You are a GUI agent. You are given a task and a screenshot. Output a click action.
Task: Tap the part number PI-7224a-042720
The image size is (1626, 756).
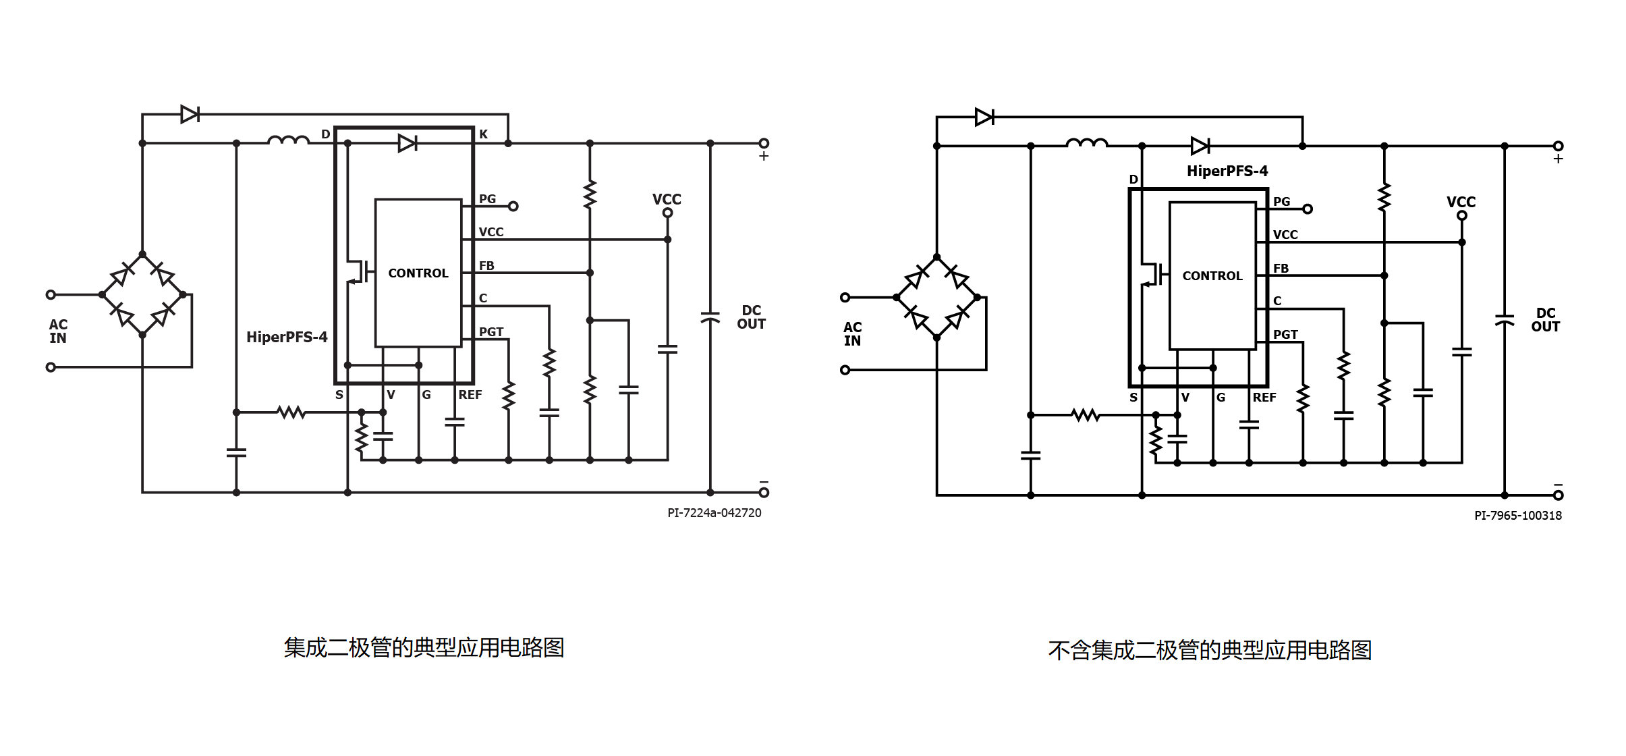coord(714,513)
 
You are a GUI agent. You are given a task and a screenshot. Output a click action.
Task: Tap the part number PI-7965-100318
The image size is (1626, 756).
coord(1518,516)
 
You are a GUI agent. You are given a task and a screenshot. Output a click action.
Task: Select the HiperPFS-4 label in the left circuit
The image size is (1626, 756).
coord(287,337)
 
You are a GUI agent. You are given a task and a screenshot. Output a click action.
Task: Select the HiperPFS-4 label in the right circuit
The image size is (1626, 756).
coord(1227,171)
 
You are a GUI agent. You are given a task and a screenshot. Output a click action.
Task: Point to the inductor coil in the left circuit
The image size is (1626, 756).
coord(289,140)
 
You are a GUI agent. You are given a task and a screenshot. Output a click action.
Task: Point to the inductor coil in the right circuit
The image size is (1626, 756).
coord(1087,143)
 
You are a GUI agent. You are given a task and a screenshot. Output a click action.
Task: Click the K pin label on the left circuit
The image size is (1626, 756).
coord(483,134)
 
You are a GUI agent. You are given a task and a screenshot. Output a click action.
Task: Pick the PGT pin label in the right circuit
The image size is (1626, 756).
coord(1285,335)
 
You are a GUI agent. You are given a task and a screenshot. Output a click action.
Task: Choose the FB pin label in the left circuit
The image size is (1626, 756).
coord(486,266)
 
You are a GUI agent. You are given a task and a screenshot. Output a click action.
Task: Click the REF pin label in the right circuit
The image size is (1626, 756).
coord(1264,398)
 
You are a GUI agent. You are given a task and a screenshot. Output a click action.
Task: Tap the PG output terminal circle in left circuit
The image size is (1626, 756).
coord(513,207)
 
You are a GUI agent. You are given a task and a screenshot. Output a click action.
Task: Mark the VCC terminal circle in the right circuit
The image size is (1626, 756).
coord(1462,215)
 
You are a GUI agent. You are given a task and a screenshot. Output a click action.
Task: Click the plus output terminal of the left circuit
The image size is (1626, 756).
coord(764,143)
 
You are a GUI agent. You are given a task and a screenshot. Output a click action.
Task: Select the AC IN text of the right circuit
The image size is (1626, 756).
coord(852,334)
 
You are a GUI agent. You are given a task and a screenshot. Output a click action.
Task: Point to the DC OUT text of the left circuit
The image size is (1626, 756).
coord(751,317)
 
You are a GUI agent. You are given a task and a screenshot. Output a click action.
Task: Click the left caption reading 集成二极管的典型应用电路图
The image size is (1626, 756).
coord(424,648)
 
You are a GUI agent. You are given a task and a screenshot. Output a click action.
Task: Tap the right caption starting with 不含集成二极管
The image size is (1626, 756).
coord(1210,651)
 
